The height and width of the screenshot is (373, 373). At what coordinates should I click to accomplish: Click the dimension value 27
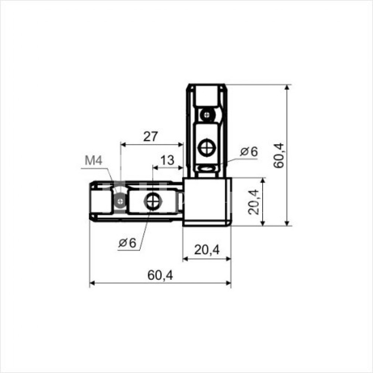[150, 136]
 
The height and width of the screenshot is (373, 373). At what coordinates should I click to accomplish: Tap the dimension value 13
[167, 160]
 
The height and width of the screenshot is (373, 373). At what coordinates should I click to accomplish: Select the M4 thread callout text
[94, 160]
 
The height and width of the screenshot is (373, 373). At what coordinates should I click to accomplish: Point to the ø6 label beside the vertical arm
[249, 151]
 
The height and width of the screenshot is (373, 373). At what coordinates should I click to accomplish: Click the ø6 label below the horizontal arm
[127, 243]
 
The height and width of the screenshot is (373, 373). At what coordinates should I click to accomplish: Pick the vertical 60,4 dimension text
[279, 155]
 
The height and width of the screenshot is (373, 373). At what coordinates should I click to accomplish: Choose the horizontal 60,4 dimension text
[160, 276]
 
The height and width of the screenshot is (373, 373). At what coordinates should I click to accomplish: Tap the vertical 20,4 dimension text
[253, 202]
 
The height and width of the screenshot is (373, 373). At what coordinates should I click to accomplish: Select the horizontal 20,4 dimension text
[207, 250]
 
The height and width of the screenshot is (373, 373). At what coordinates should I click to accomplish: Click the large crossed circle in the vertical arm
[207, 148]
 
